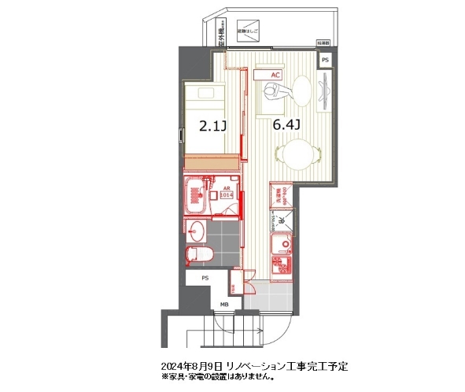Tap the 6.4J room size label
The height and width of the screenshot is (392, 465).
coord(287,124)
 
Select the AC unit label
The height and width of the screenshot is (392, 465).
coord(275,75)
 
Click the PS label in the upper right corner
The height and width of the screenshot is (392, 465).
coord(325,58)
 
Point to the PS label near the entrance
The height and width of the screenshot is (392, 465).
coord(205,279)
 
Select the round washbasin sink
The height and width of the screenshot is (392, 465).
coord(197,231)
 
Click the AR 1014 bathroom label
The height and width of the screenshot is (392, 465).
coord(225,194)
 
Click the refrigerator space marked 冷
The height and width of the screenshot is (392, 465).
coord(281,223)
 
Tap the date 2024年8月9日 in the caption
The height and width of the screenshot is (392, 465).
coord(193,368)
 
